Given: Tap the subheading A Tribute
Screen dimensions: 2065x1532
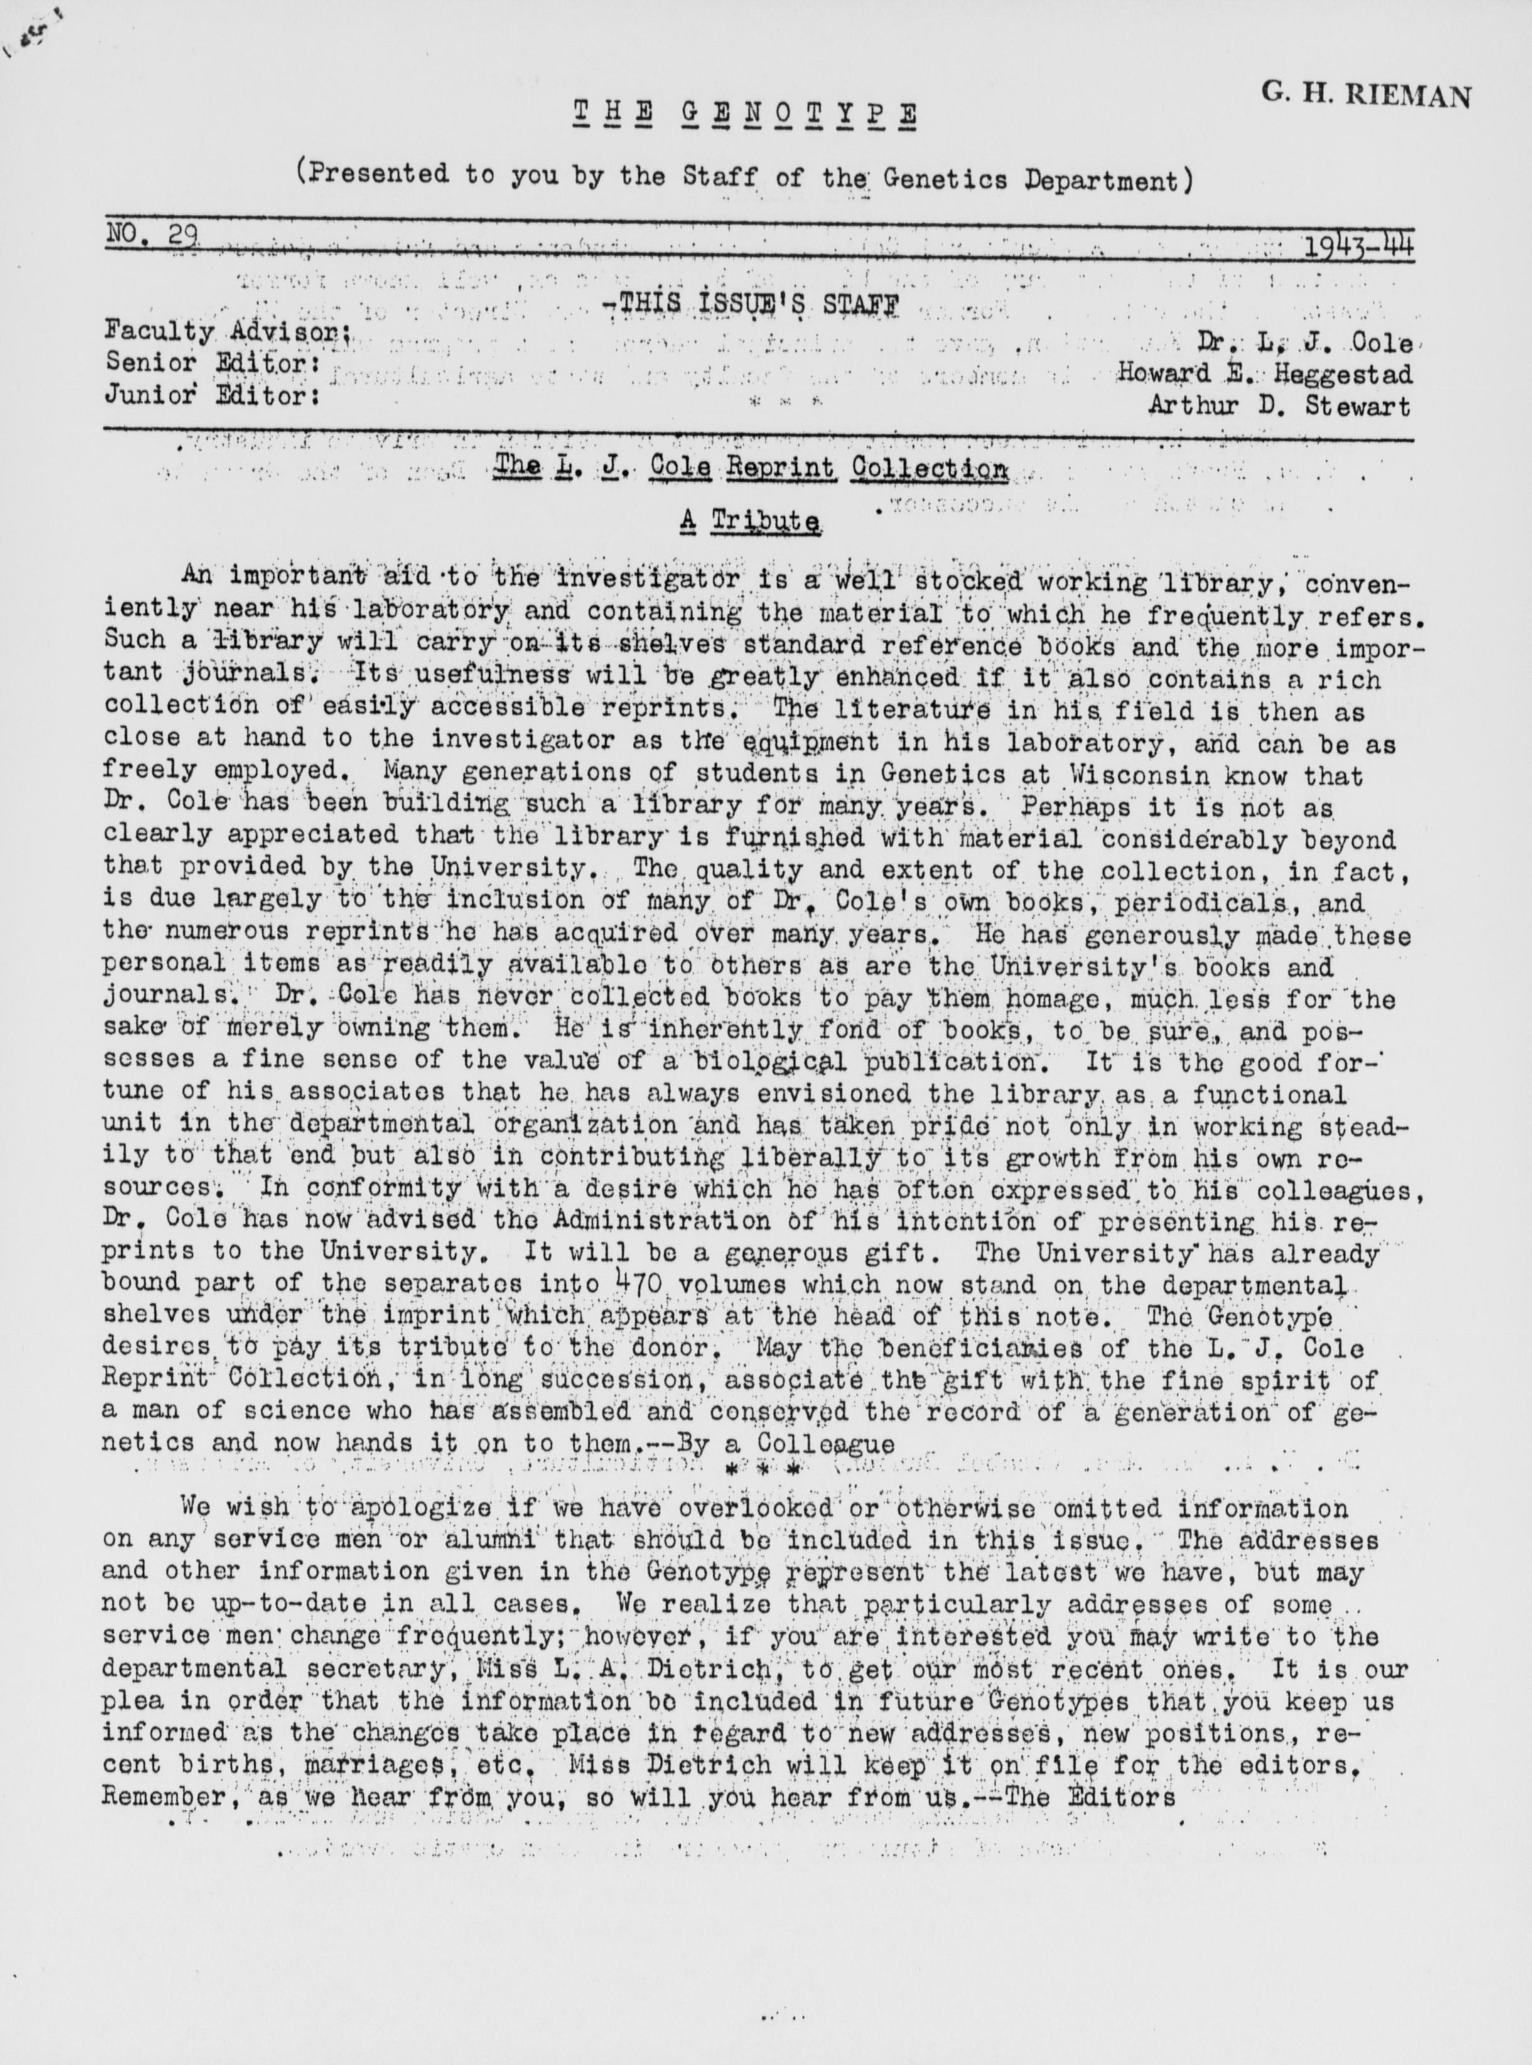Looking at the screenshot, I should pyautogui.click(x=750, y=521).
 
